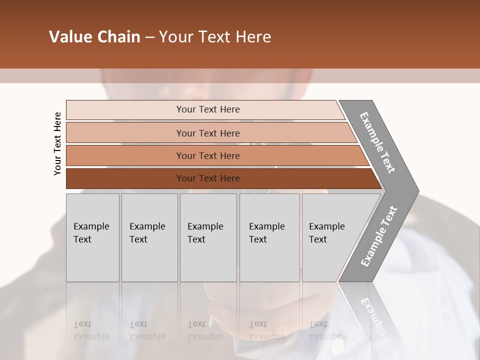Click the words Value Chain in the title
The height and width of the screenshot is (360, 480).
[94, 37]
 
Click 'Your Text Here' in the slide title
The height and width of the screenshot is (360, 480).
[215, 37]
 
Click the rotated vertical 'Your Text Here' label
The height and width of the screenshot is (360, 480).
[57, 143]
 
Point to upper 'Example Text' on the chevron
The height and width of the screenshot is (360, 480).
[377, 142]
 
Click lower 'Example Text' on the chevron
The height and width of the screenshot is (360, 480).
[378, 236]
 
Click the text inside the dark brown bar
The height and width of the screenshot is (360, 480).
[208, 178]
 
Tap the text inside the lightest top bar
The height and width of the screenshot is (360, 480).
[208, 109]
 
